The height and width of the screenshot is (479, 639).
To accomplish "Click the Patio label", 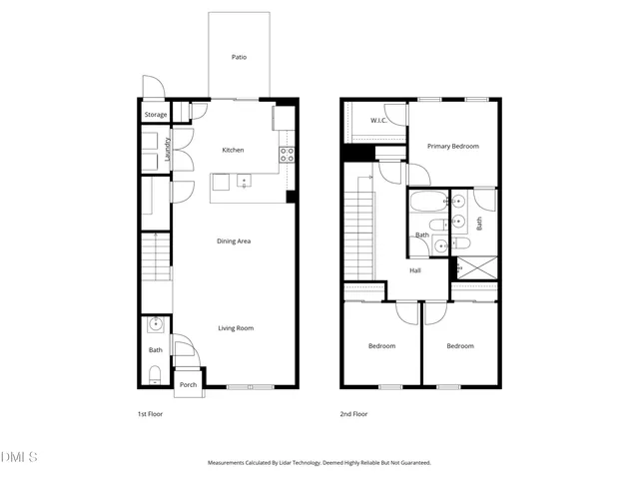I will pos(239,57).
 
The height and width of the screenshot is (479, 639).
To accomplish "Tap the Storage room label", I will pos(156,115).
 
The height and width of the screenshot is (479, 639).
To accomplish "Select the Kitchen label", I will pos(233,150).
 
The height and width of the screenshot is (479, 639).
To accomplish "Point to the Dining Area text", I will pos(234,240).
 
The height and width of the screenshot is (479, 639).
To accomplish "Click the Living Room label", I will pos(237,327).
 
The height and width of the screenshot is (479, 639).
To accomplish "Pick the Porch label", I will pos(188,384).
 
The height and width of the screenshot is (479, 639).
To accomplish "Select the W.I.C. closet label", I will pos(378,121).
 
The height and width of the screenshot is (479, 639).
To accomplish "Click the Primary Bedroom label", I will pos(453,146).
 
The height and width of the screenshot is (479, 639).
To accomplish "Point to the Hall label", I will pos(416,269).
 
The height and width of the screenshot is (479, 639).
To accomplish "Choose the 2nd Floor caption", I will pos(353,413).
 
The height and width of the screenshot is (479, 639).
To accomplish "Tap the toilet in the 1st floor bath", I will pos(155,375).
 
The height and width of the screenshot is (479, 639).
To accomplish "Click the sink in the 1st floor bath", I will pos(155,324).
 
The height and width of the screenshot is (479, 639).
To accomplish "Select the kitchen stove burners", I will pos(287,154).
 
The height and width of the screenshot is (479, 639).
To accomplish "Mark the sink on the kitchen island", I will pos(243,182).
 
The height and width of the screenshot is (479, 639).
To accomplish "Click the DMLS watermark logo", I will pos(19,457).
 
